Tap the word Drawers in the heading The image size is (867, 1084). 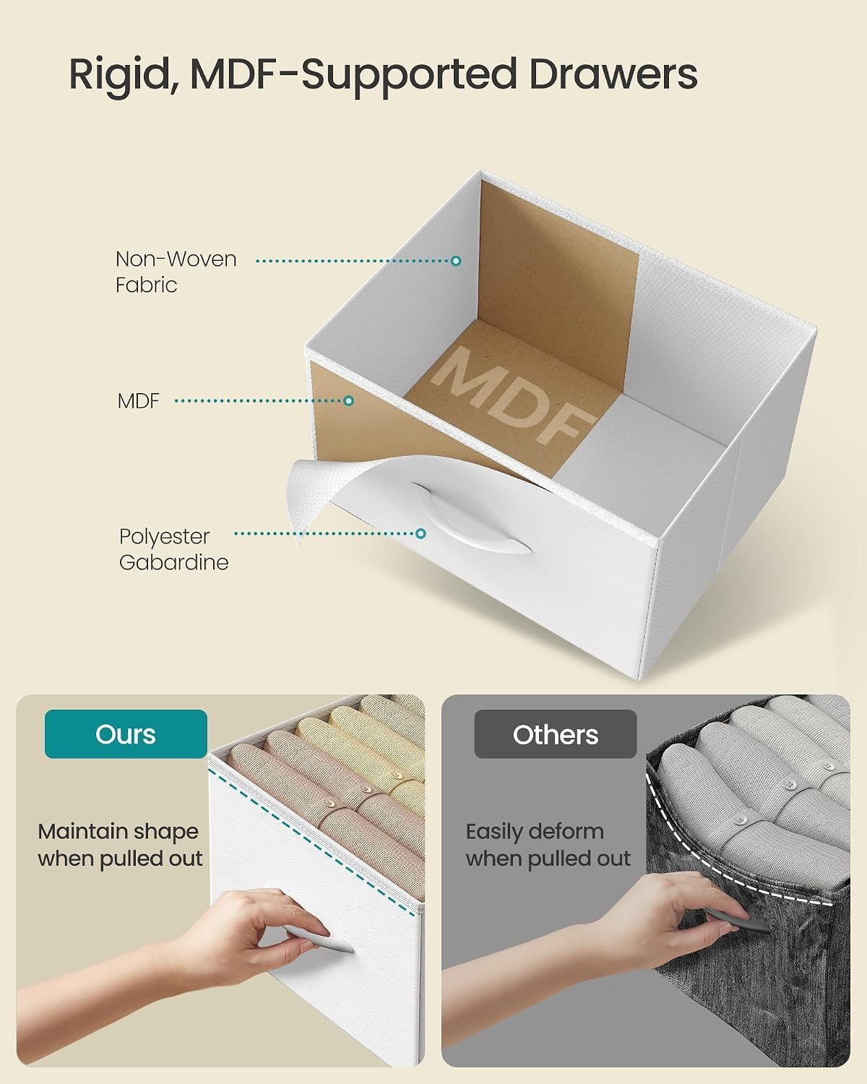click(613, 74)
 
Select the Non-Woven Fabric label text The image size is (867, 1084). click(176, 272)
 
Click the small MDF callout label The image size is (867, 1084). click(138, 401)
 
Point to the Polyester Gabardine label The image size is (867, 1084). click(174, 549)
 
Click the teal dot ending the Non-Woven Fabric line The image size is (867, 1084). click(456, 261)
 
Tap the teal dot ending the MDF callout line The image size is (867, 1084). click(349, 401)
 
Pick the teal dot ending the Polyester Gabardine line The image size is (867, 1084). click(420, 533)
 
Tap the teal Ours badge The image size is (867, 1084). click(126, 734)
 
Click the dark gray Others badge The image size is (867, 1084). click(556, 734)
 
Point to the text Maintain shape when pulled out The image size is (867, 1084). click(120, 845)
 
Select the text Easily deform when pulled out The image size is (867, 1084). click(548, 845)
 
